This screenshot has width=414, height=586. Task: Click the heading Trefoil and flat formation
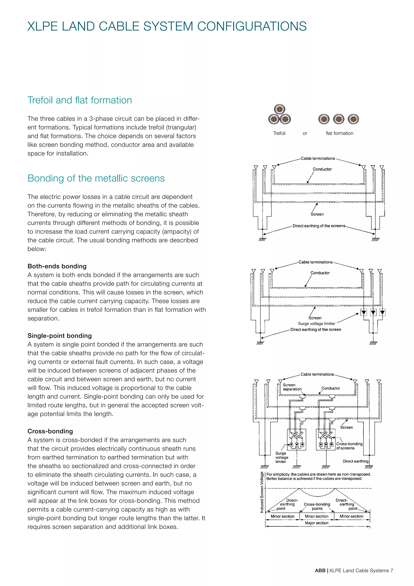point(79,100)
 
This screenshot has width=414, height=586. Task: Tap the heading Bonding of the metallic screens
point(96,178)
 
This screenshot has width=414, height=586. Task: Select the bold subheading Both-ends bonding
point(57,266)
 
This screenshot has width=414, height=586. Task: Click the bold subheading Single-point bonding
point(59,336)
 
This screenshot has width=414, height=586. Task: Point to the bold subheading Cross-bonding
point(50,431)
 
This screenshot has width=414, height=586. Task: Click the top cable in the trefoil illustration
point(279,109)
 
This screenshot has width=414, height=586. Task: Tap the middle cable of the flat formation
point(339,119)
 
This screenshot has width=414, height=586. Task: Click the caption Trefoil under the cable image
point(279,133)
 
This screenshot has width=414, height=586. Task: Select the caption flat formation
point(339,133)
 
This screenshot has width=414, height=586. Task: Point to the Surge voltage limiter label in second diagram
point(316,324)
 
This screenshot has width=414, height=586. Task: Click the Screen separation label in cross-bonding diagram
point(292,387)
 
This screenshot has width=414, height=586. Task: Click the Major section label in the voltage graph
point(316,523)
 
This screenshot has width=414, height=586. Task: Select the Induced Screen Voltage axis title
point(262,492)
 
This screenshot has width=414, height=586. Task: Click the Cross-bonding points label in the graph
point(317,506)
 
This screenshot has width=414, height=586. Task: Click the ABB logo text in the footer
point(320,570)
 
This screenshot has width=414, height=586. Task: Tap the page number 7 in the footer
point(392,570)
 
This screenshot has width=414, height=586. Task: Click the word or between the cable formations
point(305,133)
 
